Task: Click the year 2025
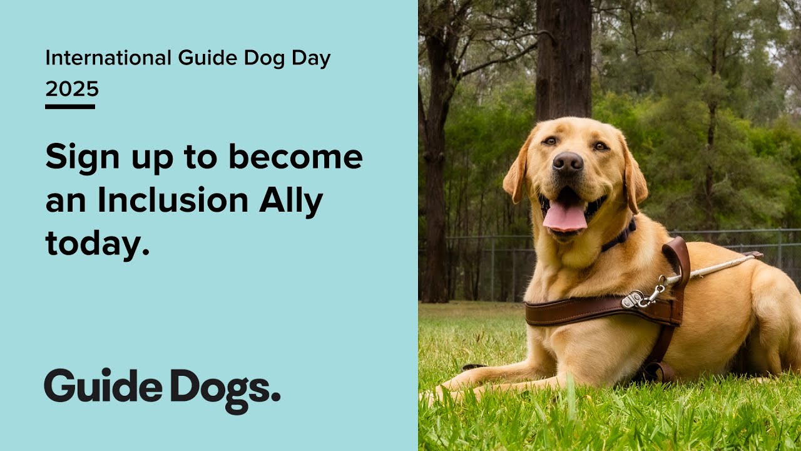tap(72, 90)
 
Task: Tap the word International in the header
tap(108, 58)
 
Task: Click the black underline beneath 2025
tap(70, 106)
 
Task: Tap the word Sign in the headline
tap(74, 158)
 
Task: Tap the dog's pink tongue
tap(565, 217)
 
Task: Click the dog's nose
tap(568, 163)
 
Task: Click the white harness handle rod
tap(713, 268)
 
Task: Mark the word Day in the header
tap(310, 58)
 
